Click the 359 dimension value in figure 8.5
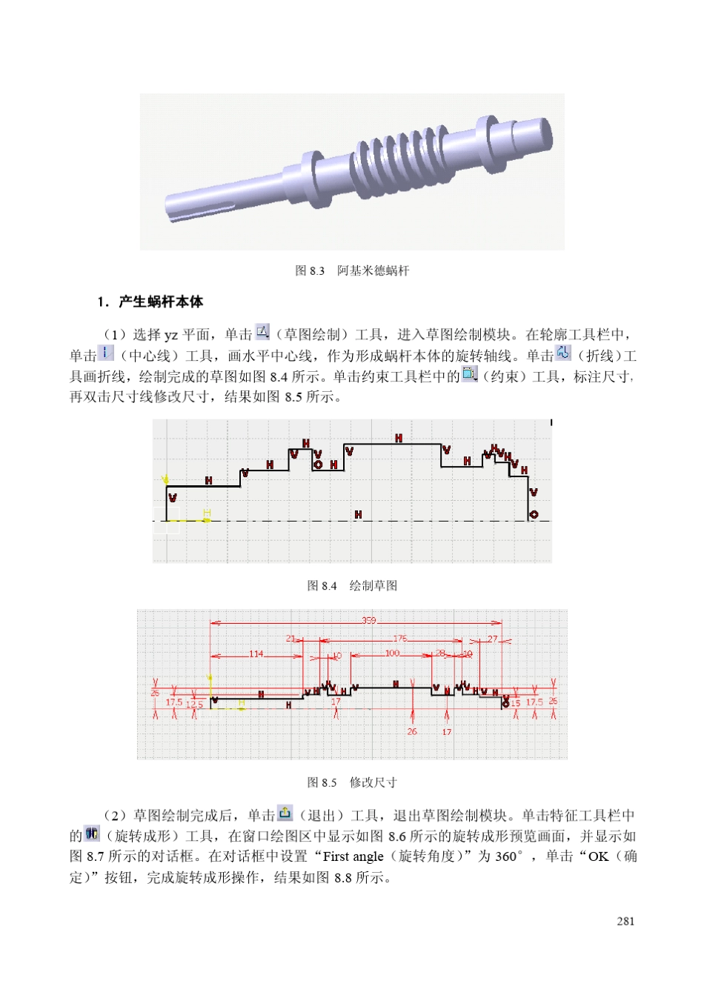368,620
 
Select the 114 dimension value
256,653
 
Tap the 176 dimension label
400,638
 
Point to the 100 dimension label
392,653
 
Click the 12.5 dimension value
194,703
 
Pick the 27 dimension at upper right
493,638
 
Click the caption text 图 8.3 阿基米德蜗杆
352,270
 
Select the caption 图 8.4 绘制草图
352,585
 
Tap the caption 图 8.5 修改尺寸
352,782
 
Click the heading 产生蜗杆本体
160,302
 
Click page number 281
625,921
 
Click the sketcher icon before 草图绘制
263,333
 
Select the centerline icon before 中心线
106,353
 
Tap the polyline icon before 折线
564,353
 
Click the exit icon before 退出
285,813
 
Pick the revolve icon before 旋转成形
92,833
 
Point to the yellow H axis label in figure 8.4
207,513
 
